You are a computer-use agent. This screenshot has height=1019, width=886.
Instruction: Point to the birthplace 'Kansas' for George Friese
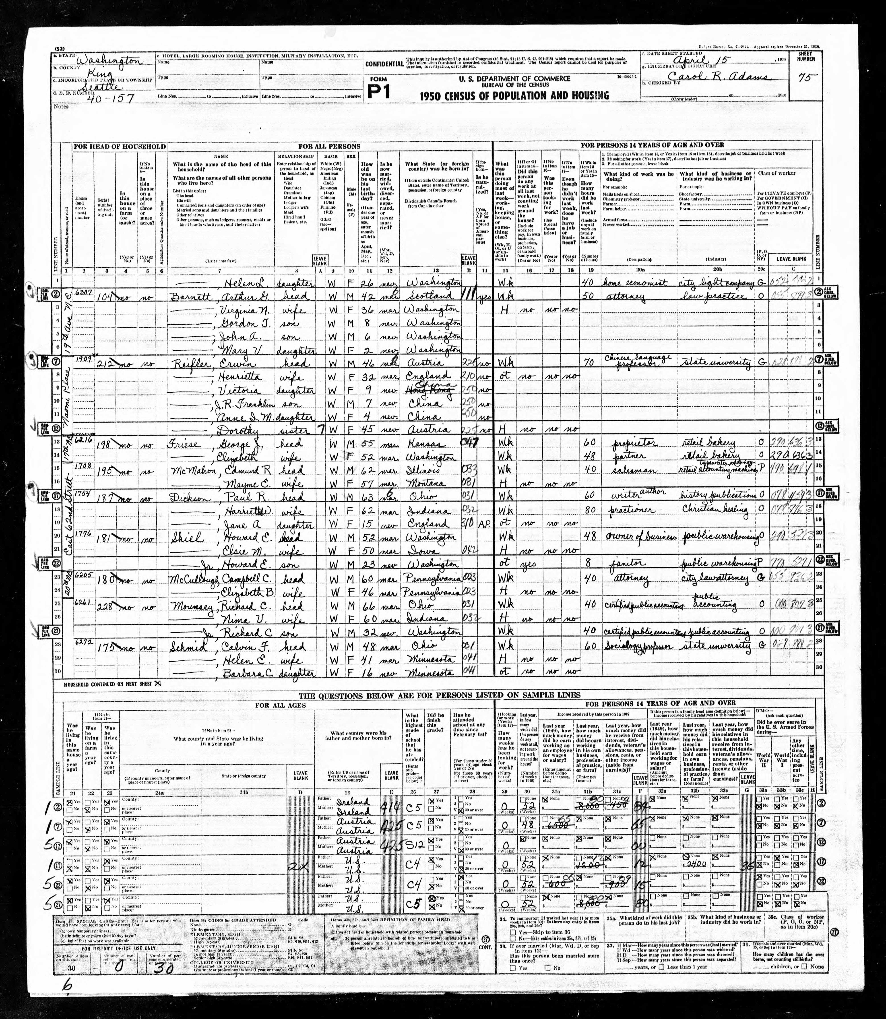(429, 444)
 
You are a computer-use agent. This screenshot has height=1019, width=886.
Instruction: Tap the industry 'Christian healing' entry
(716, 510)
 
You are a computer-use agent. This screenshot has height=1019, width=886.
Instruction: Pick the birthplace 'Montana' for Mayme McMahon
(429, 484)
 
